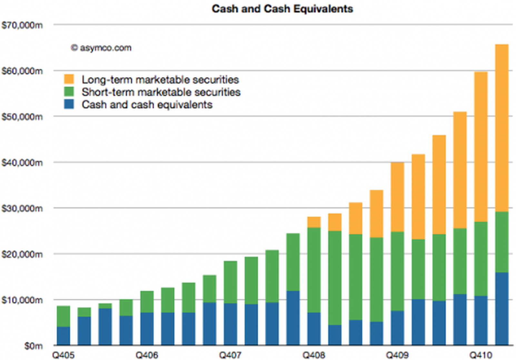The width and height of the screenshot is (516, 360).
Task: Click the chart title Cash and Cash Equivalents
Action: [x=282, y=9]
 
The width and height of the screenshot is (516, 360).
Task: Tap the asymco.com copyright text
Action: [x=101, y=48]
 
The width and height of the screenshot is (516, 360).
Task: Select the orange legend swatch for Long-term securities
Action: [x=69, y=79]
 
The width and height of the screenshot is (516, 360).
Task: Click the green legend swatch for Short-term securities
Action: [x=69, y=92]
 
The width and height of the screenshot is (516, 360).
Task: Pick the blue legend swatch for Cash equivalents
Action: [x=69, y=104]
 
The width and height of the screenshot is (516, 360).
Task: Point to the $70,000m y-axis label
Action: [x=22, y=25]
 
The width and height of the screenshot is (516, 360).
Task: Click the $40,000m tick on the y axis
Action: [x=22, y=162]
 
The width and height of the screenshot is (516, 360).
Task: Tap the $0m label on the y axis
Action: [x=33, y=346]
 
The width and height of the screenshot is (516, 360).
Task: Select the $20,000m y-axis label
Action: [x=22, y=254]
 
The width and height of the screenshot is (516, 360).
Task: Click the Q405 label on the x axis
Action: [x=63, y=355]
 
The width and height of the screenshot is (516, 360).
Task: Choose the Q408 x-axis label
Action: [x=313, y=355]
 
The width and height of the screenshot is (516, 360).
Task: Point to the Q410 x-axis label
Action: [x=481, y=355]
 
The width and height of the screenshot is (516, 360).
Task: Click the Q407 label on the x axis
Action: [x=230, y=355]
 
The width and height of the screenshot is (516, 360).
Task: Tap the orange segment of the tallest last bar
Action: [x=501, y=129]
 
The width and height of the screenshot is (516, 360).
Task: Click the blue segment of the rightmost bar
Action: [x=501, y=309]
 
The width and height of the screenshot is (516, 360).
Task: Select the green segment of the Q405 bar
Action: [x=63, y=316]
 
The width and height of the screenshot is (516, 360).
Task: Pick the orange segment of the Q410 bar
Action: [x=481, y=147]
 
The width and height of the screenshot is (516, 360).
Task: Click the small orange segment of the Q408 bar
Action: [x=314, y=222]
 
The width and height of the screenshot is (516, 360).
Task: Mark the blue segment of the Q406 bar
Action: [x=147, y=329]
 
